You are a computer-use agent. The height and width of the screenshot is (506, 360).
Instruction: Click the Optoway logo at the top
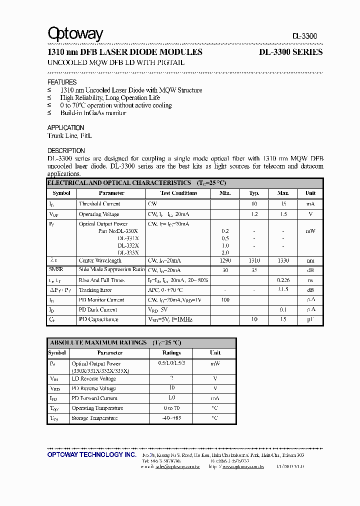[x=75, y=34]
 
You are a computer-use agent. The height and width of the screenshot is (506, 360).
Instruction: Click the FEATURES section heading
[x=62, y=82]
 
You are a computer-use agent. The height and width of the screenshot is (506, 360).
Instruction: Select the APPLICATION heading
[x=65, y=128]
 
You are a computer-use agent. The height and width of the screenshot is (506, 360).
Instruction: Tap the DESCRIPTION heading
[x=66, y=150]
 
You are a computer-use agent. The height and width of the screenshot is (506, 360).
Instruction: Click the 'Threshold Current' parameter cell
[x=99, y=204]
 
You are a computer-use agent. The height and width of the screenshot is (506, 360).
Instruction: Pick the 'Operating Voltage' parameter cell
[x=99, y=214]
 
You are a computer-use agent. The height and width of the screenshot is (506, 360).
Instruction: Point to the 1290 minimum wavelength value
[x=225, y=260]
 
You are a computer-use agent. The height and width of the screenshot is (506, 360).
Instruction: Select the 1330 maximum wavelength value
[x=283, y=260]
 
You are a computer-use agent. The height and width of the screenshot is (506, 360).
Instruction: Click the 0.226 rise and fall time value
[x=283, y=280]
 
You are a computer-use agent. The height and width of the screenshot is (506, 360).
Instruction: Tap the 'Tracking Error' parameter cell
[x=95, y=290]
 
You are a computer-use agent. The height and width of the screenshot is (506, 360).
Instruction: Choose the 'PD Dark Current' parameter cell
[x=98, y=309]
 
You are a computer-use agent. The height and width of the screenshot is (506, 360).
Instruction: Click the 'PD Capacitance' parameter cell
[x=98, y=319]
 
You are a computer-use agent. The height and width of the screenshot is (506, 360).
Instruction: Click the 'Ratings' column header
[x=171, y=352]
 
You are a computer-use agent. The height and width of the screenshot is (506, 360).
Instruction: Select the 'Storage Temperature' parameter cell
[x=94, y=418]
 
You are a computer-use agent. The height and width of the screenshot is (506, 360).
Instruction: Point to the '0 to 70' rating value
[x=171, y=408]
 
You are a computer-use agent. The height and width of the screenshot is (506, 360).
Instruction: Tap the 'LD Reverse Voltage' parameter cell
[x=93, y=379]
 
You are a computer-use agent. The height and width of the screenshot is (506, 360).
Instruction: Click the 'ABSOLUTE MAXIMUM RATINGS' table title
[x=98, y=342]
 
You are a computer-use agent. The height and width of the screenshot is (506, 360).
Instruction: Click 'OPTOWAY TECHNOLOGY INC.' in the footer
[x=91, y=454]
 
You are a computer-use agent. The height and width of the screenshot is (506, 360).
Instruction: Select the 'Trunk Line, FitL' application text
[x=70, y=136]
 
